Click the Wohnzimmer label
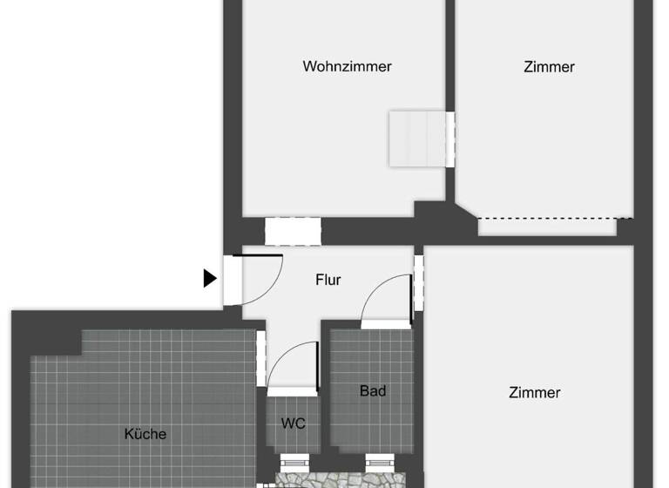pyautogui.click(x=347, y=66)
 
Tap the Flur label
pyautogui.click(x=328, y=280)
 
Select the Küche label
pyautogui.click(x=145, y=433)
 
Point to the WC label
pyautogui.click(x=293, y=424)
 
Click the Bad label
pyautogui.click(x=373, y=391)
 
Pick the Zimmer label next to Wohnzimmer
pyautogui.click(x=549, y=66)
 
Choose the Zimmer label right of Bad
pyautogui.click(x=534, y=393)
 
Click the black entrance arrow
pyautogui.click(x=209, y=278)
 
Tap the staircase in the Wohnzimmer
pyautogui.click(x=417, y=139)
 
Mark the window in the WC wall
pyautogui.click(x=293, y=461)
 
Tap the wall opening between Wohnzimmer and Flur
pyautogui.click(x=293, y=232)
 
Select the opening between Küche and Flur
pyautogui.click(x=261, y=357)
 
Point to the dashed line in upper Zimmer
pyautogui.click(x=555, y=217)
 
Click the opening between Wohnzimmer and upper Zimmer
pyautogui.click(x=450, y=139)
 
